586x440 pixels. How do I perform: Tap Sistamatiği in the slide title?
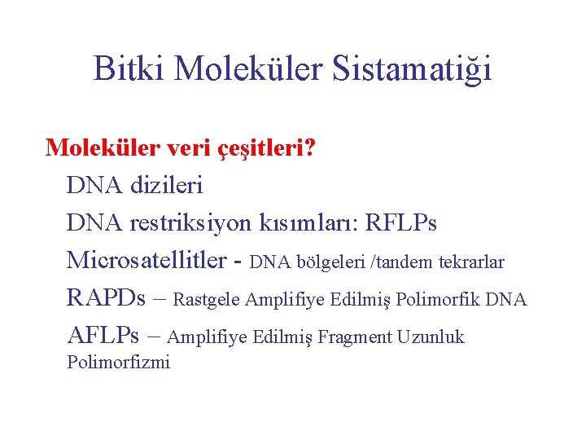[413, 68]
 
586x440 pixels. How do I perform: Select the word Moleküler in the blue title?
[249, 68]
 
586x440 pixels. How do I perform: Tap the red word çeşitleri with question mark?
[270, 148]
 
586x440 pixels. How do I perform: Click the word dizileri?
[164, 185]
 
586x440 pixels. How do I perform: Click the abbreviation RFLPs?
[402, 222]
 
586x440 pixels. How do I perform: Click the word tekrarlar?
[471, 262]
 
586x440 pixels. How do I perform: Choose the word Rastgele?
[207, 301]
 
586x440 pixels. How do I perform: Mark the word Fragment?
[355, 337]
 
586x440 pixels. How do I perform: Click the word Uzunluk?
[431, 337]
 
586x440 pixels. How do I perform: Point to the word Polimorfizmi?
[118, 363]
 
